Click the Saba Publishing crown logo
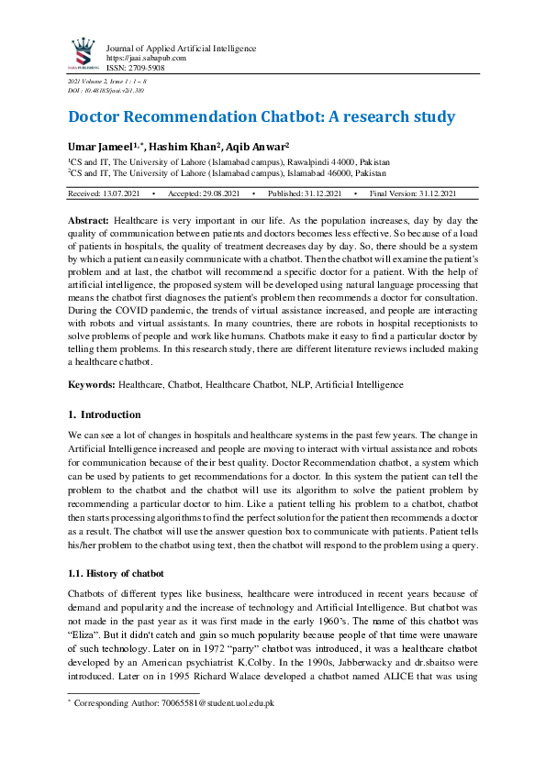[84, 54]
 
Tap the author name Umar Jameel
[100, 147]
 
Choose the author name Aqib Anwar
[259, 147]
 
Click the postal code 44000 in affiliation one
[329, 160]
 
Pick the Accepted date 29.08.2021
[219, 193]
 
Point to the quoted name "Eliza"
[84, 632]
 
